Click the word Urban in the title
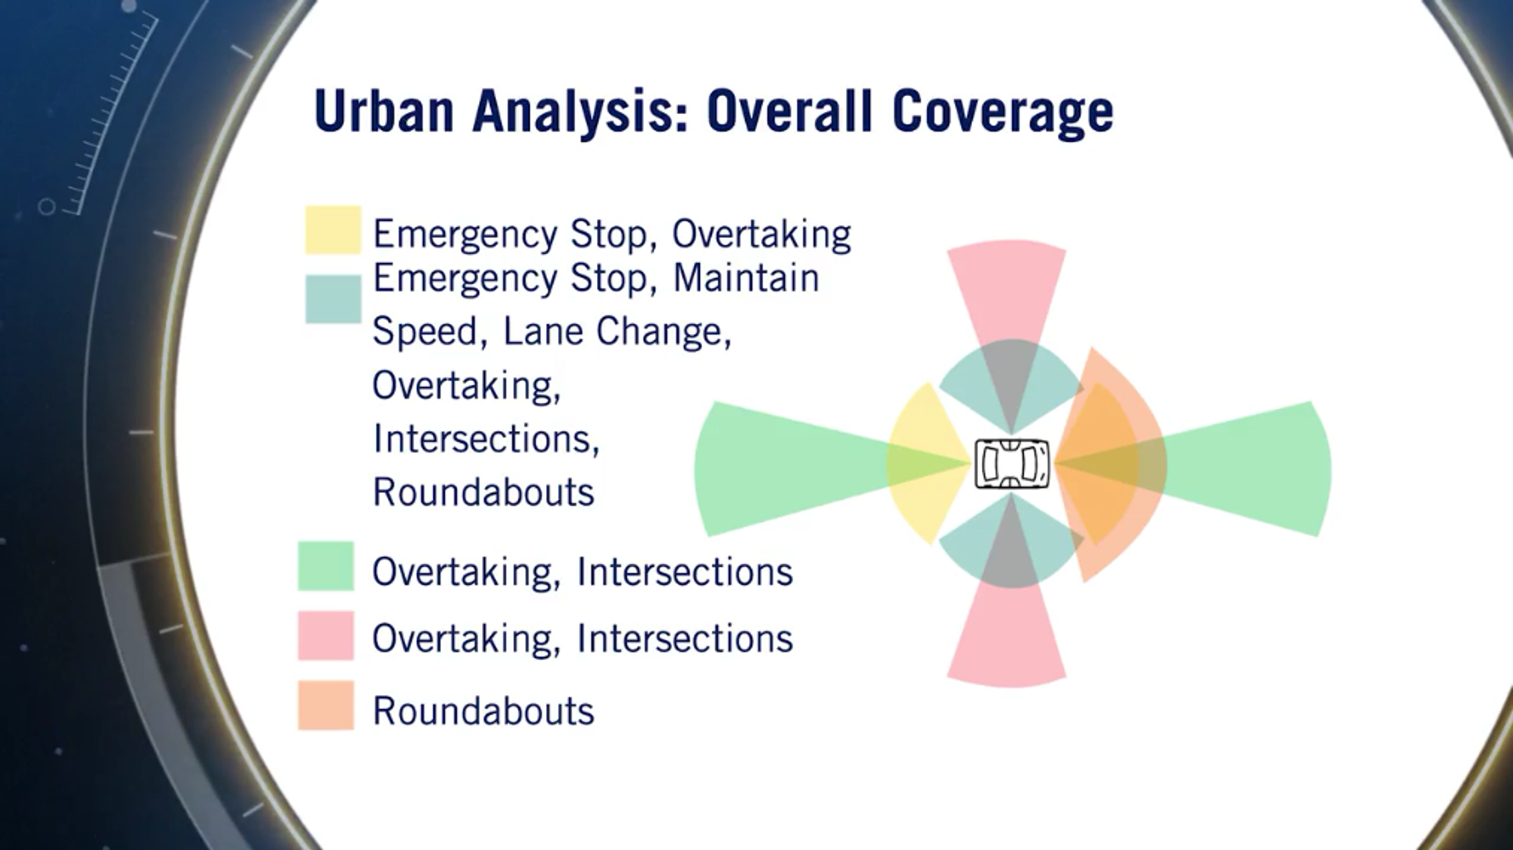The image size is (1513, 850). point(384,111)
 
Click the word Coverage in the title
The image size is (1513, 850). point(1002,111)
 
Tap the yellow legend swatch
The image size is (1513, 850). point(333,230)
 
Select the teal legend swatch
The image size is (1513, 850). point(333,299)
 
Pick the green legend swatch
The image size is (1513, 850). point(326,566)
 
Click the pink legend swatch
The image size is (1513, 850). point(326,636)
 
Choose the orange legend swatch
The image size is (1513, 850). point(326,706)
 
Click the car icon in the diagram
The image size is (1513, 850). point(1011,464)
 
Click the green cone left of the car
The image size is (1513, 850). point(779,469)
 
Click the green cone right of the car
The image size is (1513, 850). point(1256,469)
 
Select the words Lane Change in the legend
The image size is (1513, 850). point(617,331)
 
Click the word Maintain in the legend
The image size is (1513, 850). point(746,278)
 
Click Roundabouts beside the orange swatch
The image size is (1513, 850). point(483,711)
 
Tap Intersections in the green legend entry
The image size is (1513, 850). point(685,572)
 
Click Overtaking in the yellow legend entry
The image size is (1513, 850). point(761,234)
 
